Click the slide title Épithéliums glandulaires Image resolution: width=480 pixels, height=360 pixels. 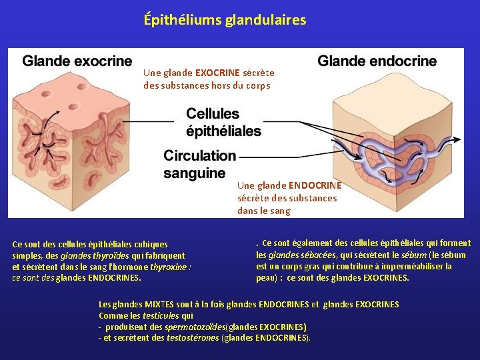point(225,20)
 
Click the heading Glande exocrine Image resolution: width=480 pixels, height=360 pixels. point(77,61)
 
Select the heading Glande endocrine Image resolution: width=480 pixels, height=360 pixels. point(377,61)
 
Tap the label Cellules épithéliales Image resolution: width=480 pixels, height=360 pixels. point(223,122)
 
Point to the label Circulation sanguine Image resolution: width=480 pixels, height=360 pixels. point(199,164)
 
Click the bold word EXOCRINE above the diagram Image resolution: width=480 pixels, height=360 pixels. point(215,73)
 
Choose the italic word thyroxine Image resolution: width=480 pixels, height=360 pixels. point(169,267)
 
